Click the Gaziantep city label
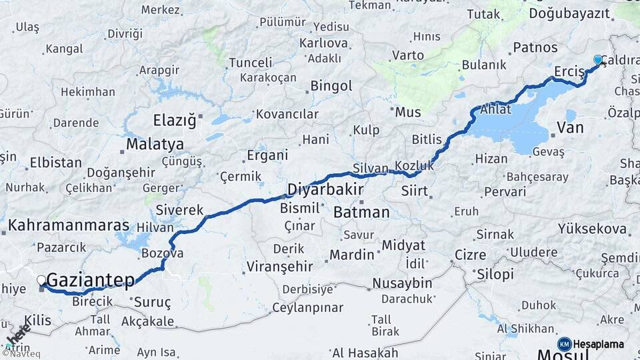point(91,280)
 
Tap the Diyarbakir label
point(325,190)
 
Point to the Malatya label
point(155,144)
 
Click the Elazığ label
point(175,121)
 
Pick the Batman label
point(361,213)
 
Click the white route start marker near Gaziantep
point(41,281)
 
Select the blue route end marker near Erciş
point(598,60)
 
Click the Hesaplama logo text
point(598,344)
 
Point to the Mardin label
point(352,255)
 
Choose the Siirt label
point(415,192)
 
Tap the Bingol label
point(331,86)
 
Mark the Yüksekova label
point(593,229)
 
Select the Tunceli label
point(250,63)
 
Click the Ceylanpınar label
point(307,308)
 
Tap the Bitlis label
point(427,139)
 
